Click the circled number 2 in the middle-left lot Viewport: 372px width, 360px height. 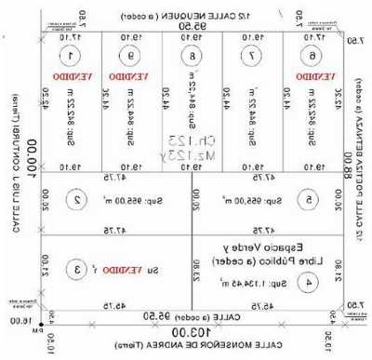(x=80, y=198)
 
